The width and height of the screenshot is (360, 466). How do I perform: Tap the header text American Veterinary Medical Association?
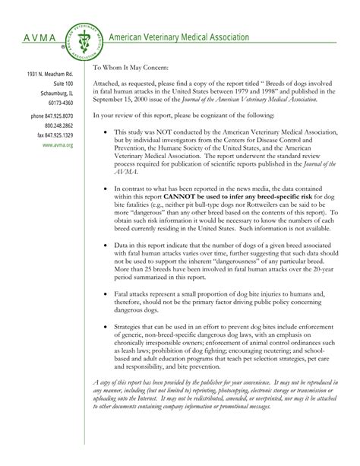[x=179, y=36]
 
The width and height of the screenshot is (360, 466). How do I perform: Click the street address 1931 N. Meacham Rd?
[x=50, y=73]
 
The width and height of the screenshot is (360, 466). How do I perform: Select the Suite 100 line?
[x=59, y=83]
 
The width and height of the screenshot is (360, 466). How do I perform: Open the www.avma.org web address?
[x=58, y=144]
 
